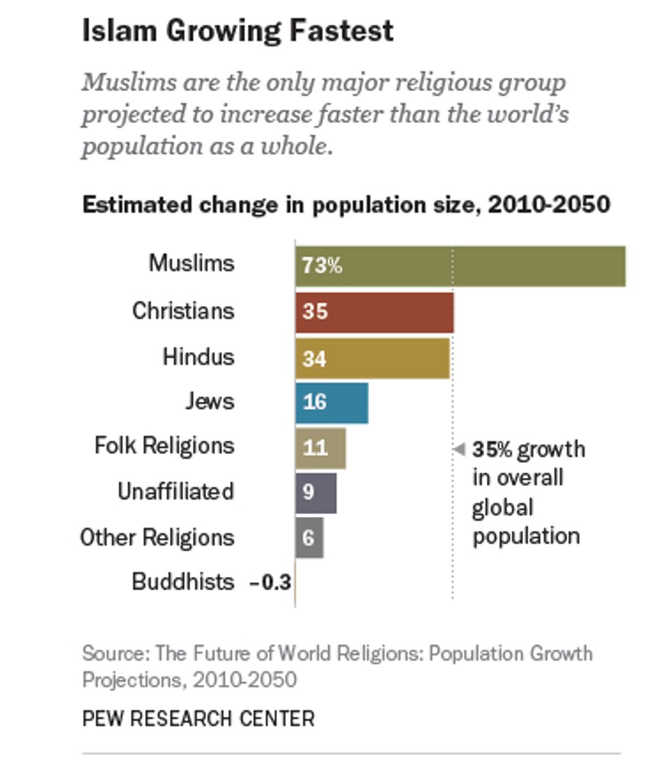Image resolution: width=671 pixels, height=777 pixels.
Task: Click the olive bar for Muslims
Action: (460, 266)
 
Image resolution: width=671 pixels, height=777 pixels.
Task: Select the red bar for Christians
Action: (375, 311)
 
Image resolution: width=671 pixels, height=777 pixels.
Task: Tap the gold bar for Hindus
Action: (372, 357)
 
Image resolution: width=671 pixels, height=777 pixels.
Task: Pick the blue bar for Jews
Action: (332, 403)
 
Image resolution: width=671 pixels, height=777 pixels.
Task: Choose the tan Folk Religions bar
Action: (320, 448)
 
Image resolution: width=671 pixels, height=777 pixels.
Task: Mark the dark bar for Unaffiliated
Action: (316, 492)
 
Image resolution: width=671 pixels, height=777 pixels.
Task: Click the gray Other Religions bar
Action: (309, 537)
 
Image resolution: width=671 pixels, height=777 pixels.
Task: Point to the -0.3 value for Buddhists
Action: (270, 583)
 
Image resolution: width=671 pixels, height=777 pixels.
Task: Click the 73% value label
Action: (322, 266)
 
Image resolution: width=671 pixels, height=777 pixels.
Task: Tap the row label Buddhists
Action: (183, 582)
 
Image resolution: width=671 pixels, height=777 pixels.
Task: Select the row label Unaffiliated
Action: (175, 492)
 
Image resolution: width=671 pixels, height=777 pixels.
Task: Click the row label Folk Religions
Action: (164, 446)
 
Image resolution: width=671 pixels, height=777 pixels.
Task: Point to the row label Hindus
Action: (199, 357)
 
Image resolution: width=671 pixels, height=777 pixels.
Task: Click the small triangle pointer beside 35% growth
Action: (460, 449)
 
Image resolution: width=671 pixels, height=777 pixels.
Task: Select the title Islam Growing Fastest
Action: (238, 31)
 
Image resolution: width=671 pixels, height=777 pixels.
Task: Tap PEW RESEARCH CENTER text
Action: (199, 719)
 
